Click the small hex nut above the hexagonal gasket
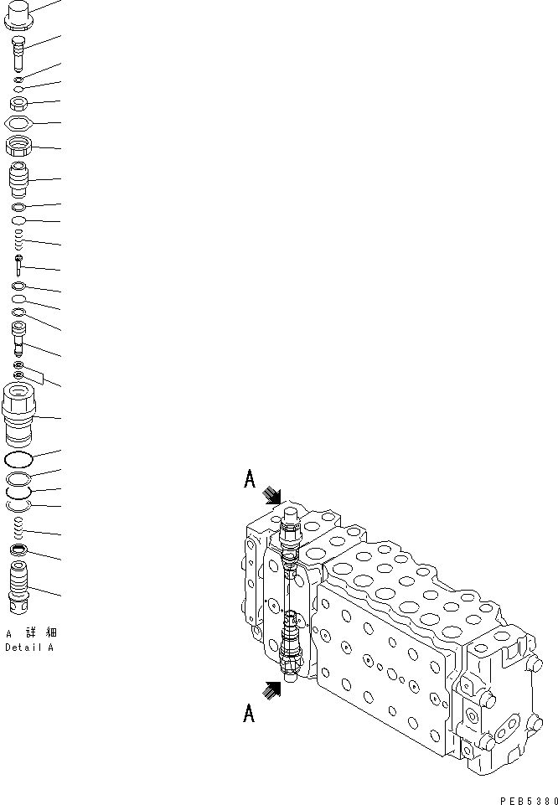point(19,104)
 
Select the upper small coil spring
point(18,242)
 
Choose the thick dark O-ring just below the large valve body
point(19,459)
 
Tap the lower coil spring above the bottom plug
point(19,529)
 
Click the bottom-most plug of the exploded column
point(19,586)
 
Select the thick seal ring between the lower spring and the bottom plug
point(19,550)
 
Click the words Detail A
point(29,648)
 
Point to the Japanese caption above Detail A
point(32,632)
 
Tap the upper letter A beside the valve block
point(250,479)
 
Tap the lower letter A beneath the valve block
point(250,714)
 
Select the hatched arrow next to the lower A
point(272,689)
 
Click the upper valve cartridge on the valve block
point(289,532)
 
